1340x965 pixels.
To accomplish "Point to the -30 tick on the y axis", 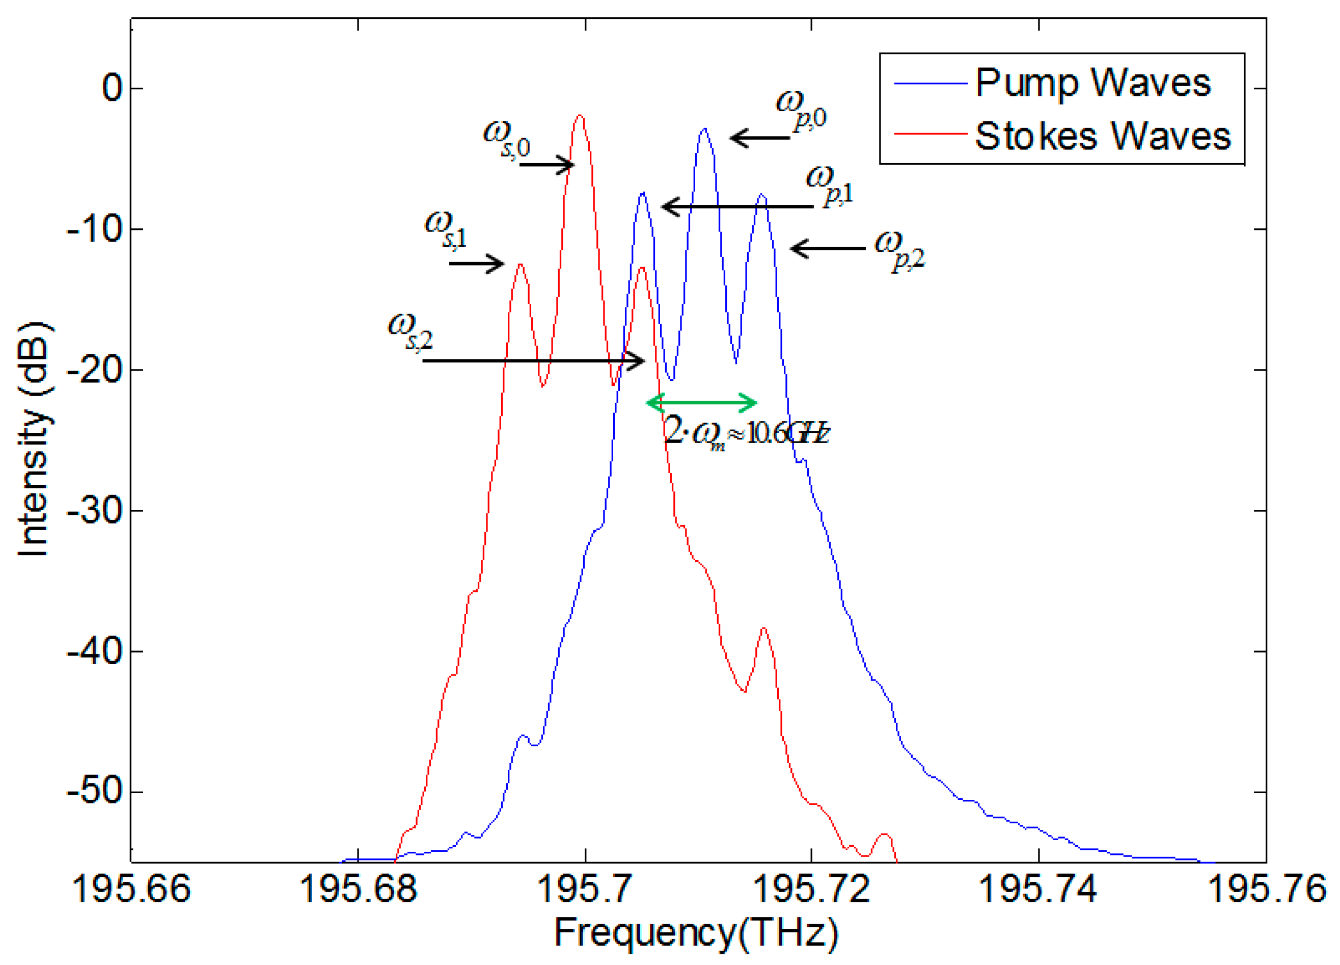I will [95, 510].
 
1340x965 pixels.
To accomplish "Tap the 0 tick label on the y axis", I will [112, 88].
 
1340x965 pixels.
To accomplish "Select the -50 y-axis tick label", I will [95, 791].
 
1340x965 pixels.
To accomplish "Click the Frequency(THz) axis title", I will [696, 933].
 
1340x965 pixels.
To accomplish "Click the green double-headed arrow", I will [701, 403].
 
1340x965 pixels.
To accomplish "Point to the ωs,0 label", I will [506, 139].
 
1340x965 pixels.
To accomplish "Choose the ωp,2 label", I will [899, 251].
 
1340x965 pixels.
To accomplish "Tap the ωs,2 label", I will [410, 332].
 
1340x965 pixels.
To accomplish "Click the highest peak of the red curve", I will [580, 116].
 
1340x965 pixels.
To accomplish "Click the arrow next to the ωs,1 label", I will [476, 263].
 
